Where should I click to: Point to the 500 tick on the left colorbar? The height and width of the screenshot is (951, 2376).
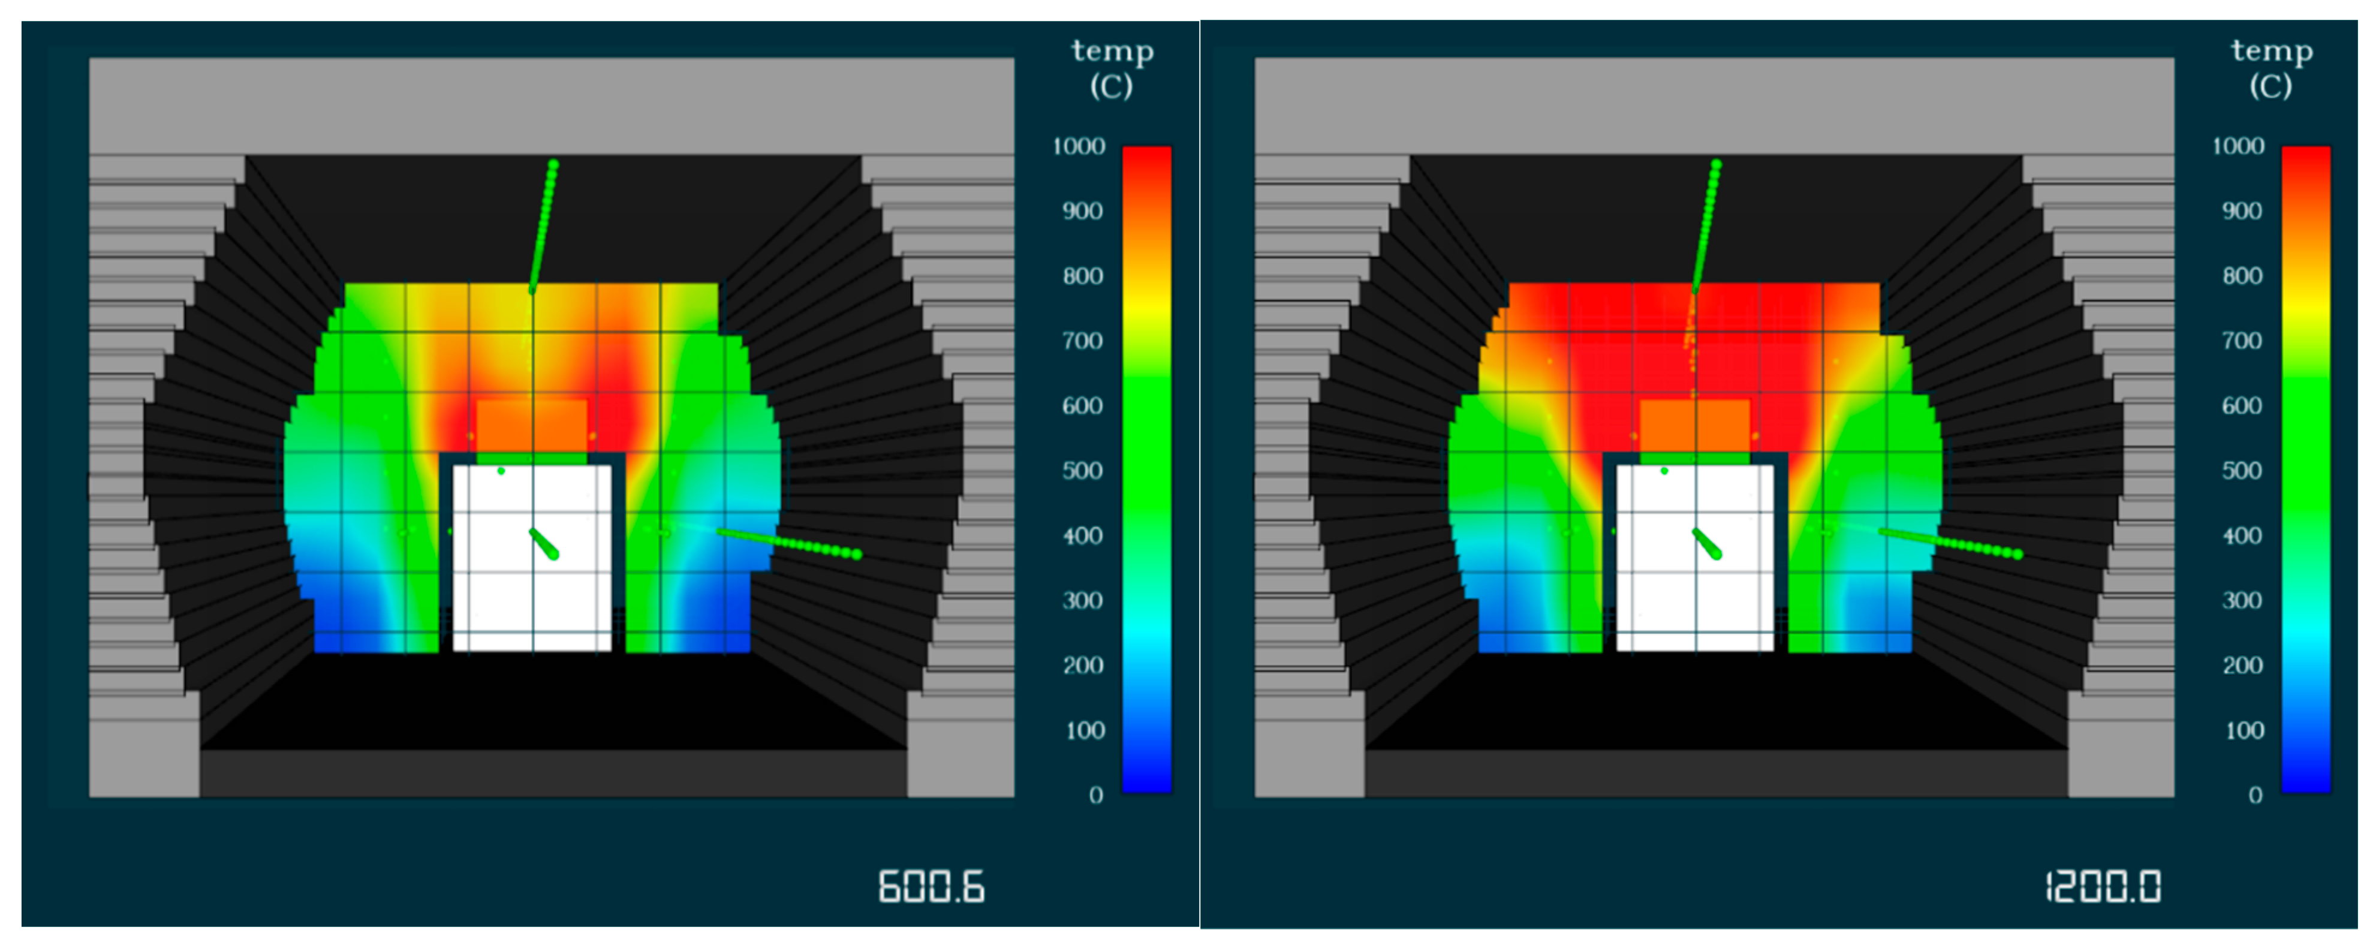(x=1082, y=471)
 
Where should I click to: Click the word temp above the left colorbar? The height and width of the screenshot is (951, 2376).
(x=1112, y=51)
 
